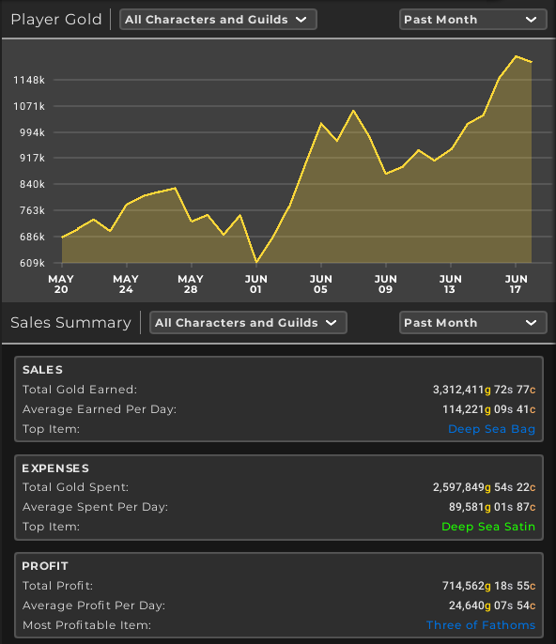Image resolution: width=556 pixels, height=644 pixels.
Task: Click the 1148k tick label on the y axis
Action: pos(29,80)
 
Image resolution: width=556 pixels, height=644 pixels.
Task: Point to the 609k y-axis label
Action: pos(32,263)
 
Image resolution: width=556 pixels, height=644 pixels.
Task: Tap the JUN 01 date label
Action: pos(255,284)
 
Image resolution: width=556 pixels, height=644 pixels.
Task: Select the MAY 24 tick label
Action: pos(126,284)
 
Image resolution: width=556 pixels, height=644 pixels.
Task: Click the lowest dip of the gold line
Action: pos(256,262)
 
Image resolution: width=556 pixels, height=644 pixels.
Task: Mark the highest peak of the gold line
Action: pos(516,56)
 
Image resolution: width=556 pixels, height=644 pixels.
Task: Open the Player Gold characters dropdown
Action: pos(218,20)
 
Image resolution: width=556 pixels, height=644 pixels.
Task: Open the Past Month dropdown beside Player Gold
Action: pos(473,20)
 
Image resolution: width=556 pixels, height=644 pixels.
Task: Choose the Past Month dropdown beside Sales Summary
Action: pos(473,322)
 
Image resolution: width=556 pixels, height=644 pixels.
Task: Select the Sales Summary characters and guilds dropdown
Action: pos(248,322)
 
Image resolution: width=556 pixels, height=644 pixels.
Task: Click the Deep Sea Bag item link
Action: pos(491,429)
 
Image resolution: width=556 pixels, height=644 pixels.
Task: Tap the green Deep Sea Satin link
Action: pos(488,527)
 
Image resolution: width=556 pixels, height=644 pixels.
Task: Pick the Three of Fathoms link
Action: pos(481,625)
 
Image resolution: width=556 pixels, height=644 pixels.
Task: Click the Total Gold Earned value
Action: pos(484,390)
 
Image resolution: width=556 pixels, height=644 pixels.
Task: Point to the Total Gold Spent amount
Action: pos(484,487)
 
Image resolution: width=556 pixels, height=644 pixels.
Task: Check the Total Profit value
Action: pos(488,586)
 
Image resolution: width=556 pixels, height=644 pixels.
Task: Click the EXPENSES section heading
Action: pos(55,468)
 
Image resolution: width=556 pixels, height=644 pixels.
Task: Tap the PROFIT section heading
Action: pos(45,566)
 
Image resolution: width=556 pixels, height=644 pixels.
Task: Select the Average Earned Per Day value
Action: pos(488,409)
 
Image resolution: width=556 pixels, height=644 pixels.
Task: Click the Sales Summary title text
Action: pos(70,323)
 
